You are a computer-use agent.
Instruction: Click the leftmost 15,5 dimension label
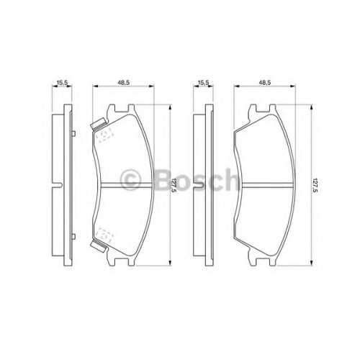tap(62, 82)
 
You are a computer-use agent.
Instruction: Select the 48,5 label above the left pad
tap(124, 82)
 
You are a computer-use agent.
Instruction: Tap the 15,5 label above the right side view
tap(203, 82)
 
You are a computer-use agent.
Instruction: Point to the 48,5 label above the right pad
tap(265, 82)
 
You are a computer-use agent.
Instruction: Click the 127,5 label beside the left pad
tap(174, 185)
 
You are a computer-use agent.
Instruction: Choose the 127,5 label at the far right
tap(315, 185)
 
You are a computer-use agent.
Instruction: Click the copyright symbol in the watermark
tap(130, 180)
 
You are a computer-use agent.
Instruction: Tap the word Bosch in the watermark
tap(196, 180)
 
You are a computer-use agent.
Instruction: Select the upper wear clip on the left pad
tap(98, 124)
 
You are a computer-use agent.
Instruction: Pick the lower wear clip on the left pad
tap(98, 246)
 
